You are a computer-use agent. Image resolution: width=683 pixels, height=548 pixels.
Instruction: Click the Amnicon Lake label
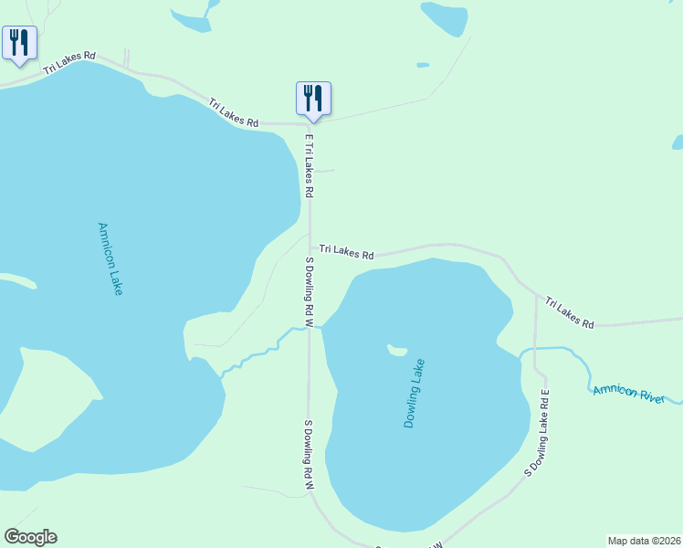[x=110, y=259]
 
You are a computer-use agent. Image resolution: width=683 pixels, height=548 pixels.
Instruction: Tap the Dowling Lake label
[x=415, y=393]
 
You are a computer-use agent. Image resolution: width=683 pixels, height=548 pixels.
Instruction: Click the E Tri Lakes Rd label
[x=309, y=166]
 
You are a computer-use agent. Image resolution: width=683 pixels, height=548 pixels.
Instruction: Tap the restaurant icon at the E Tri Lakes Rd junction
[x=313, y=98]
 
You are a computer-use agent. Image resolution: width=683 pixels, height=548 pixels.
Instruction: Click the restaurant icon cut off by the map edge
[x=19, y=42]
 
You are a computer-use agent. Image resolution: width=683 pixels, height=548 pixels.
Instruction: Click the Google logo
[x=30, y=537]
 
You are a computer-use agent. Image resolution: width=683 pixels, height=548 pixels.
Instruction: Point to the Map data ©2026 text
[x=644, y=541]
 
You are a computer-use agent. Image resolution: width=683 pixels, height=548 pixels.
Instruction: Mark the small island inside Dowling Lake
[x=396, y=349]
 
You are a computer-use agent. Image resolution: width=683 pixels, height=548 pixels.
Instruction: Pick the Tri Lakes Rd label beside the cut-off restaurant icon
[x=69, y=61]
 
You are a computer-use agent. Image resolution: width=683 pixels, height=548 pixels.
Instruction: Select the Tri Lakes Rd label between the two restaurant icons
[x=233, y=113]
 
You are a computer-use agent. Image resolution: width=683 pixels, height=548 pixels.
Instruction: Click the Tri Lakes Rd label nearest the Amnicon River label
[x=570, y=312]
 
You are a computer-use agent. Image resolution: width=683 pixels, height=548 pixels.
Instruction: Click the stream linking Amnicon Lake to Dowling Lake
[x=260, y=352]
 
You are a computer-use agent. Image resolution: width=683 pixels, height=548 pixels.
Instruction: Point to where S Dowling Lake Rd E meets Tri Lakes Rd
[x=534, y=294]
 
